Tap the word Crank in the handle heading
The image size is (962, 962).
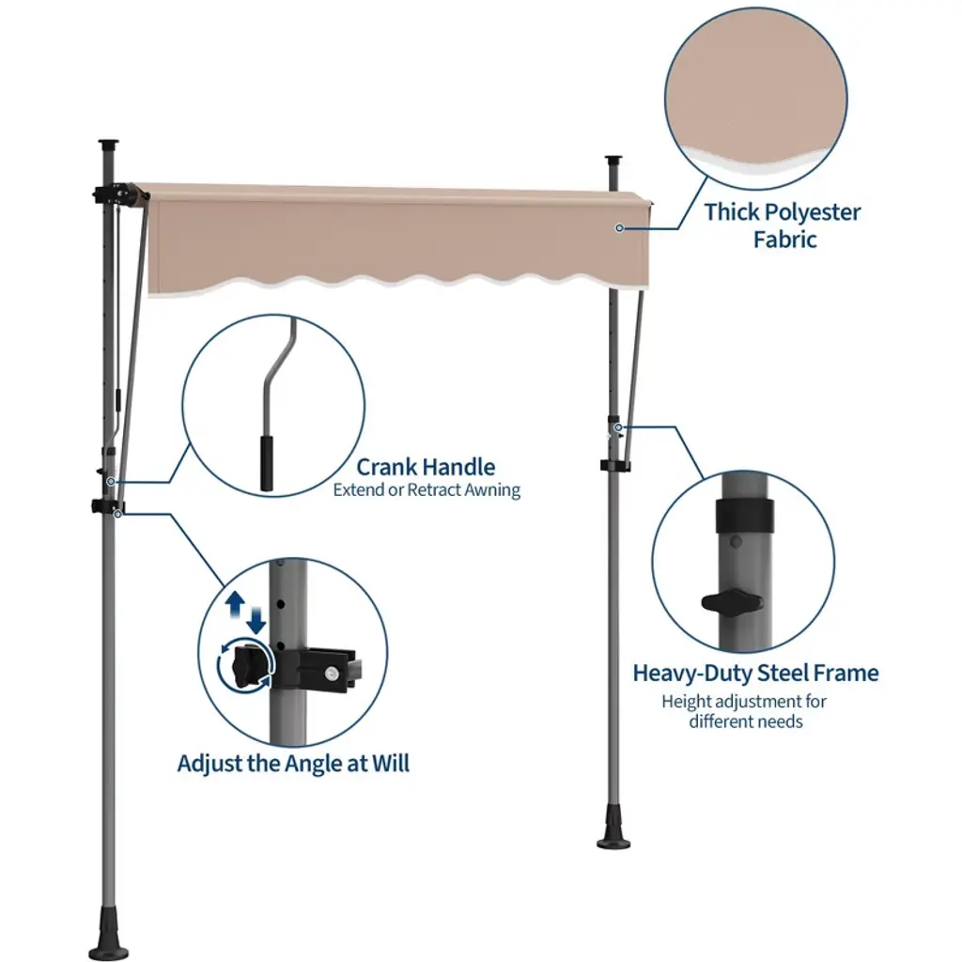pos(385,467)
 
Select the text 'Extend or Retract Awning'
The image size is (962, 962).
pos(427,490)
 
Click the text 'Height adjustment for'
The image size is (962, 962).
pos(744,701)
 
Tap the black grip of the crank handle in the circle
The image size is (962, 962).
pos(266,463)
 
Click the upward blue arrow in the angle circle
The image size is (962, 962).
pos(235,604)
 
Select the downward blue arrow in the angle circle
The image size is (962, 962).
pos(256,621)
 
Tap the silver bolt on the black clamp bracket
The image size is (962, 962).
pos(333,674)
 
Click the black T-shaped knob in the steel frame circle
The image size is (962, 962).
pos(732,602)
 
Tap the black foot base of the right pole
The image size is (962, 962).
pos(613,832)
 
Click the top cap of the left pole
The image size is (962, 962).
pos(108,144)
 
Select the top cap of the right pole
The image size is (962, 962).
pos(613,160)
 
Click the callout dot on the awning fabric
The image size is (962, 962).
pos(620,228)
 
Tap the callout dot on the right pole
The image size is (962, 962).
pos(618,427)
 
